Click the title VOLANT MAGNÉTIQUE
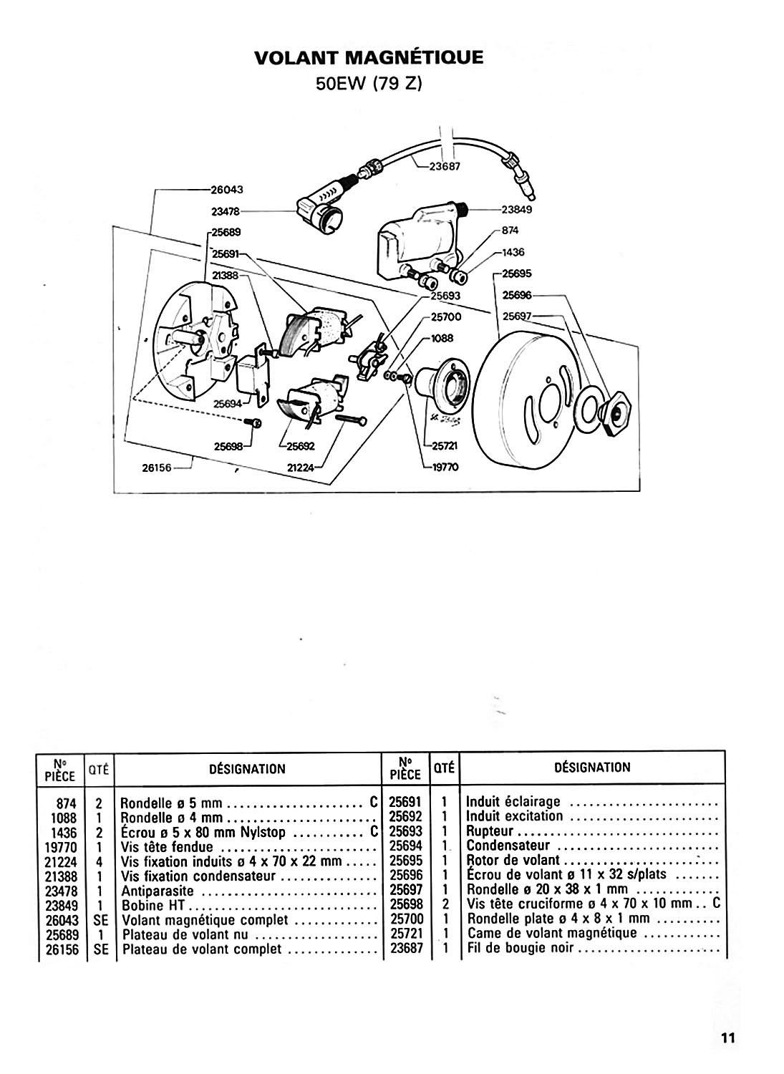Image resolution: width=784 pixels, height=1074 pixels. point(369,57)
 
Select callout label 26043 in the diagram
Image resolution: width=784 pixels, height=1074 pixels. point(227,190)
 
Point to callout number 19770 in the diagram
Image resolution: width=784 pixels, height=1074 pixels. point(445,467)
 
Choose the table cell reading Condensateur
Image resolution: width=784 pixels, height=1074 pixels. point(508,846)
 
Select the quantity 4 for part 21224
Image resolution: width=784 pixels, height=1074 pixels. point(100,861)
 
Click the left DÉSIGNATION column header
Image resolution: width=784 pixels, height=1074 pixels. point(246,769)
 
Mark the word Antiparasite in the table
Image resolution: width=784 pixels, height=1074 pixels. point(159,891)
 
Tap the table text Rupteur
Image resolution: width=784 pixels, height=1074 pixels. point(490,831)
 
